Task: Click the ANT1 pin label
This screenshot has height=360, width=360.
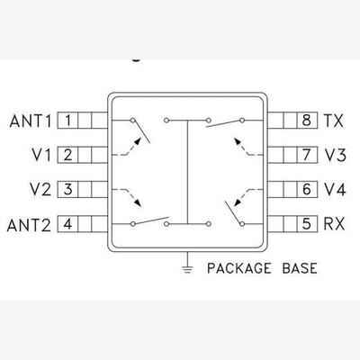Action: tap(31, 121)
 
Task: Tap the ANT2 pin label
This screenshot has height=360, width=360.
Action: tap(29, 225)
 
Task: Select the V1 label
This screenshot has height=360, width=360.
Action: tap(41, 155)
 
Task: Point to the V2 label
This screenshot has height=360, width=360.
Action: tap(40, 190)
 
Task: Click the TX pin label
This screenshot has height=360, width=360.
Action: tap(333, 121)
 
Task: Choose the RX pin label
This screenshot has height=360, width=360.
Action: tap(334, 224)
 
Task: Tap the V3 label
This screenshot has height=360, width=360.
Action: tap(336, 155)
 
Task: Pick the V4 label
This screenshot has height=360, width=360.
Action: tap(335, 190)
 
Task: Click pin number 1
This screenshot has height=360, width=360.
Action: tap(67, 121)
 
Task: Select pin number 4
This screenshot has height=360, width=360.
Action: tap(67, 224)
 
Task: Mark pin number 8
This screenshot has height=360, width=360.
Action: tap(306, 121)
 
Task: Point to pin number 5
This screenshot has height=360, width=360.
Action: tap(306, 224)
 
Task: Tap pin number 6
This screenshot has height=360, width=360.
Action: tap(306, 190)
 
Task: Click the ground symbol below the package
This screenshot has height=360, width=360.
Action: tap(187, 269)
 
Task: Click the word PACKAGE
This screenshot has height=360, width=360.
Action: tap(239, 268)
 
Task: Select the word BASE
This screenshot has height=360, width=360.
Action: tap(300, 268)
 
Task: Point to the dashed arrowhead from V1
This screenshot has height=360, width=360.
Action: tap(138, 141)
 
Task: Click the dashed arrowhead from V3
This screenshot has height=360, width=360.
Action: tap(238, 141)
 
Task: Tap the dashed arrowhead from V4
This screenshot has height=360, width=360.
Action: tap(238, 202)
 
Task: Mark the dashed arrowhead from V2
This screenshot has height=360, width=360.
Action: tap(138, 202)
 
